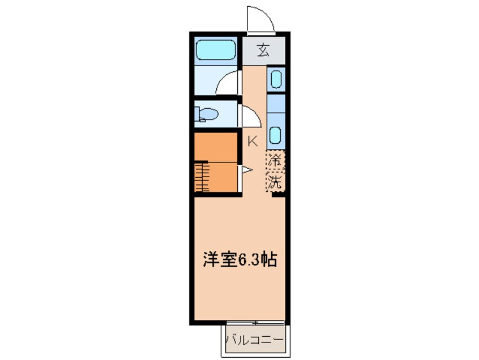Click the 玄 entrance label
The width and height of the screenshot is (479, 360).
click(263, 50)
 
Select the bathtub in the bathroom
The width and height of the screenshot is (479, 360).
click(216, 50)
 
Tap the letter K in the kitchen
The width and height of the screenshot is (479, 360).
click(253, 142)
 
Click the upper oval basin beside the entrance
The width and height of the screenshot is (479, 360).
click(276, 79)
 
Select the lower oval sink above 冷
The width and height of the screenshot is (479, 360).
click(276, 135)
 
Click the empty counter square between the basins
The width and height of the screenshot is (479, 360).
click(276, 104)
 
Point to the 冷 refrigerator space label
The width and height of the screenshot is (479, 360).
click(275, 160)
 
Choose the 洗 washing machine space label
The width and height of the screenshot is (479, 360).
click(275, 182)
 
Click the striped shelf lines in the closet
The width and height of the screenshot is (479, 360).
click(202, 177)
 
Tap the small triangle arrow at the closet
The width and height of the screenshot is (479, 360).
click(247, 169)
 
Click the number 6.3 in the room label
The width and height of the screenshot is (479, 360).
click(249, 260)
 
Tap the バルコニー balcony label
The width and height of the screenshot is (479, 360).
click(255, 340)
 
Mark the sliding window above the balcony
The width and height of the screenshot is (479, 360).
click(255, 323)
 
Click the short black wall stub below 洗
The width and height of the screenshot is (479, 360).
click(279, 194)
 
